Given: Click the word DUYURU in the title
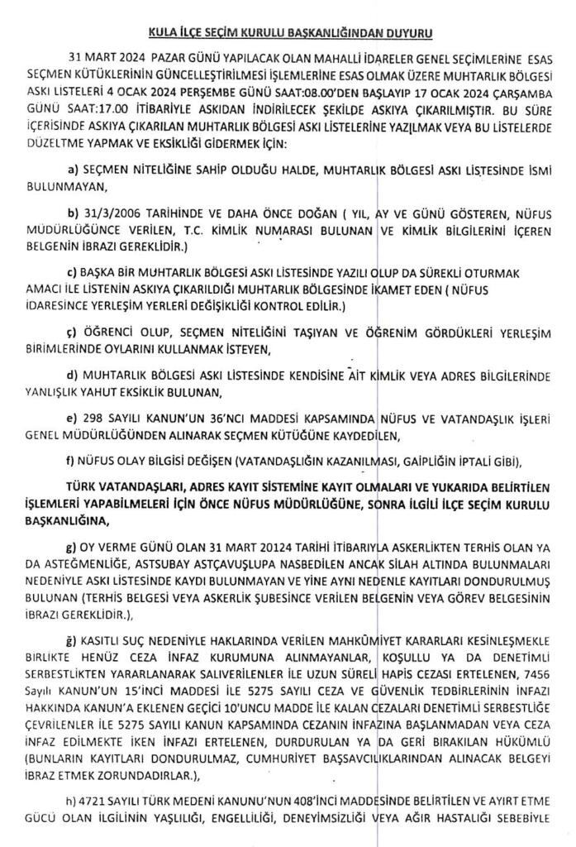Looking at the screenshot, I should (407, 34).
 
